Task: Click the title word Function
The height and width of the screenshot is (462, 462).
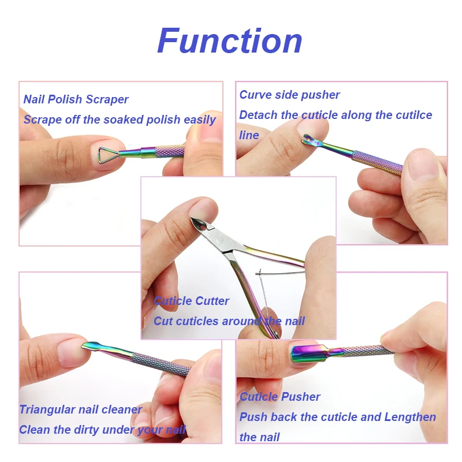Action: tap(230, 42)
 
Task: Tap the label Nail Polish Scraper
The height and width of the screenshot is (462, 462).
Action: tap(76, 99)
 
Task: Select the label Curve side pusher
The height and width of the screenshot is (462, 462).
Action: tap(289, 95)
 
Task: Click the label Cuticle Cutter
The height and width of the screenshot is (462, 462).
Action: tap(191, 301)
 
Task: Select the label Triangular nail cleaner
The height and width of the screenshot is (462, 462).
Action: tap(81, 409)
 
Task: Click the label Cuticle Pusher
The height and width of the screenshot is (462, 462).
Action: tap(280, 397)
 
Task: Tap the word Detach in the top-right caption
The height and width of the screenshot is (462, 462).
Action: tap(258, 115)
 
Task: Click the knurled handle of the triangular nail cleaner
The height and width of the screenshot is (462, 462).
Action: tap(162, 364)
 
